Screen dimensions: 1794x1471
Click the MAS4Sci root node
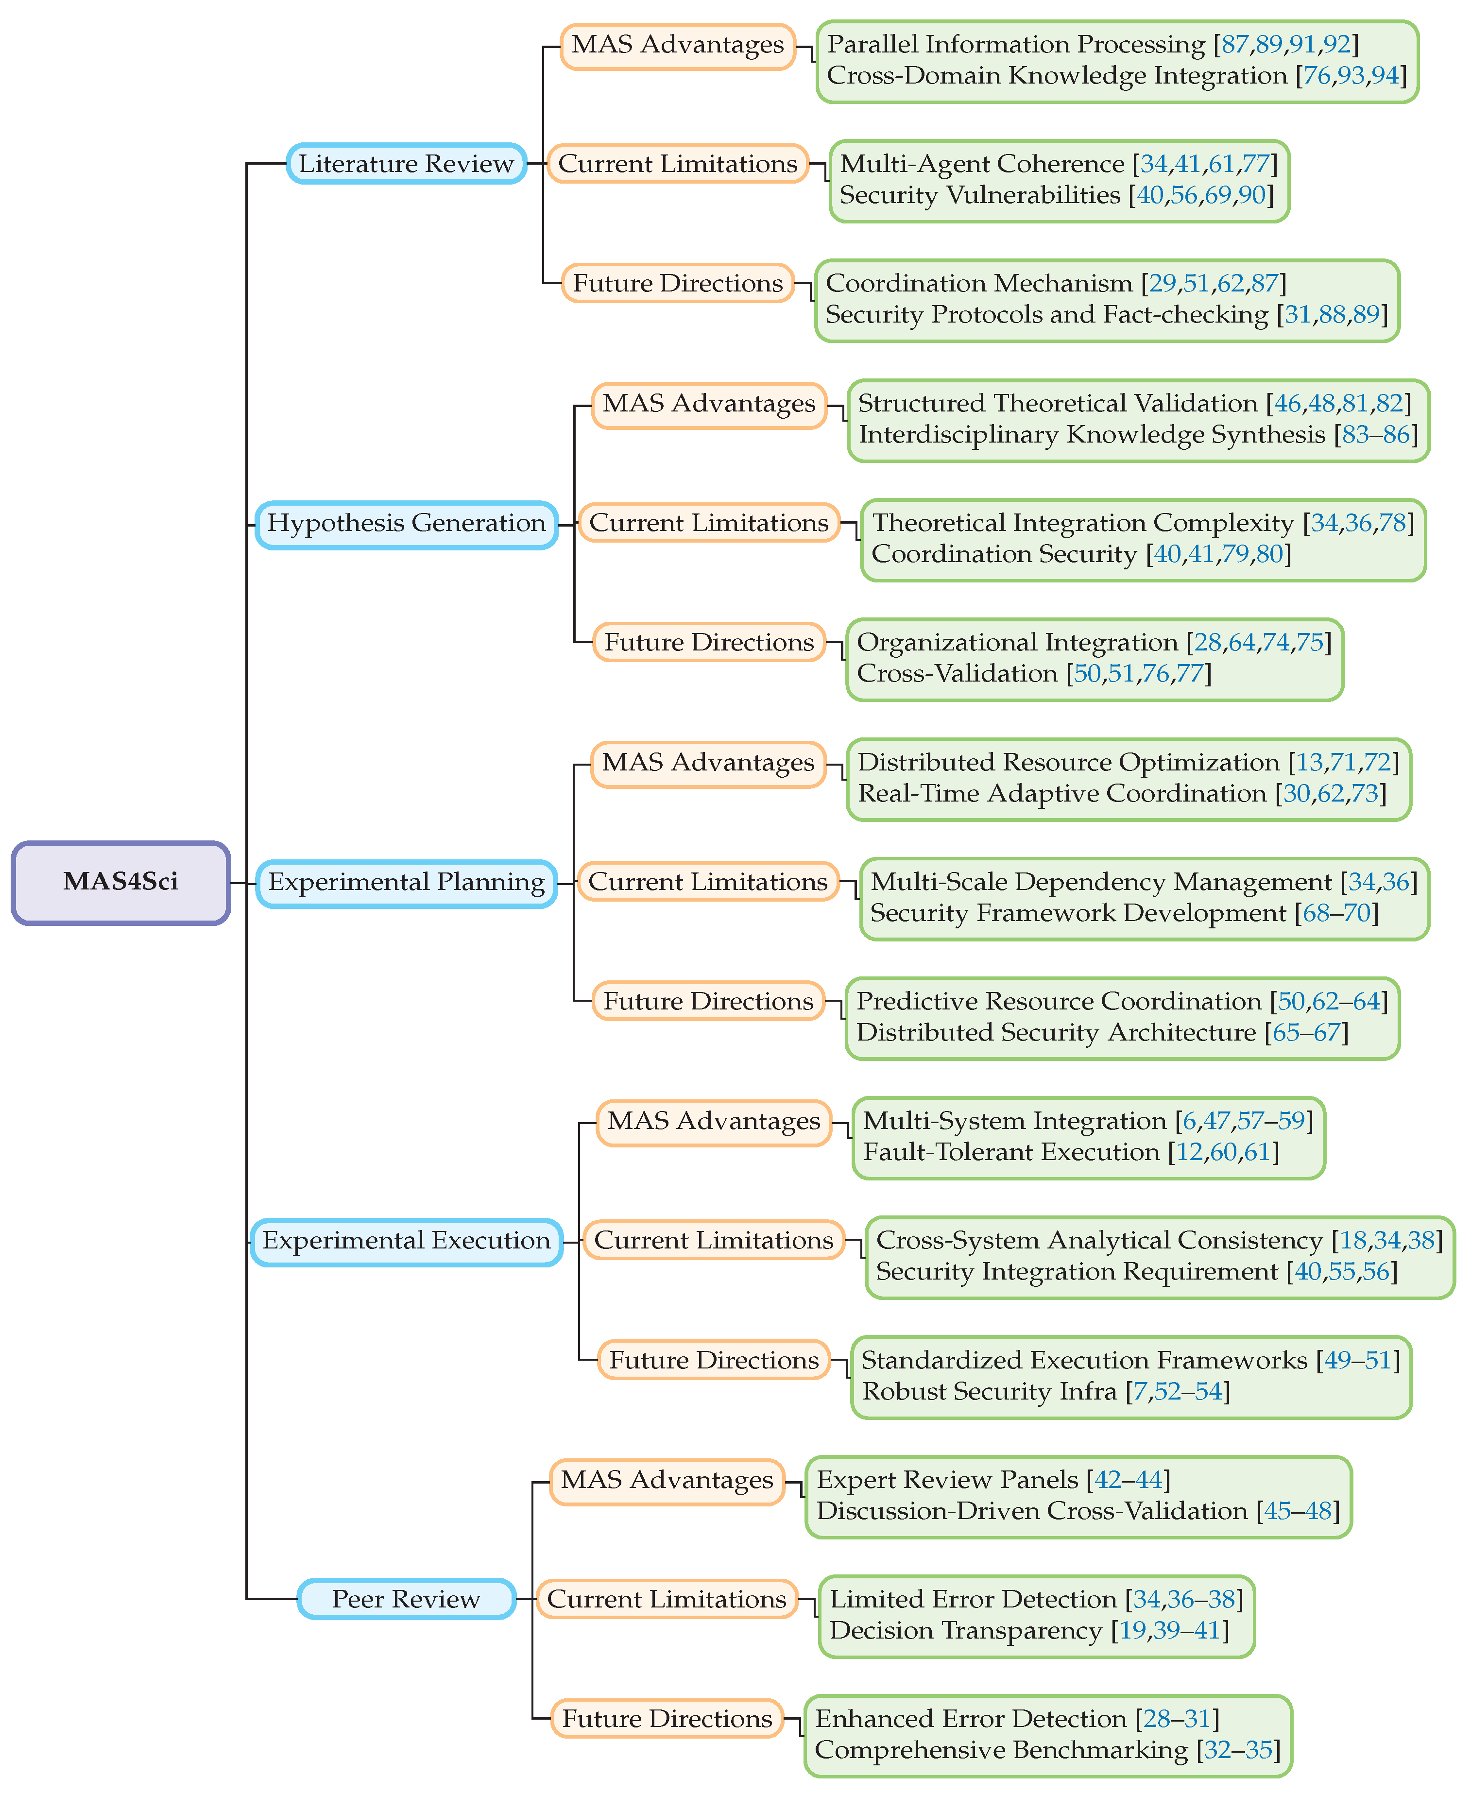coord(120,882)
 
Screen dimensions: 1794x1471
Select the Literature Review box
coord(406,164)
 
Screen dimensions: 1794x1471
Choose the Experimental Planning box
coord(406,882)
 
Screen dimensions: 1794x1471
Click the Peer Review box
coord(406,1599)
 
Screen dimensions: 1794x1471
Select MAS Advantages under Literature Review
coord(677,45)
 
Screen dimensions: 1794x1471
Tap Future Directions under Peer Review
coord(667,1719)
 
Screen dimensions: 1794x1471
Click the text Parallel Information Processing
coord(1015,44)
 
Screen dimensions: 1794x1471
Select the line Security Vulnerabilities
coord(979,195)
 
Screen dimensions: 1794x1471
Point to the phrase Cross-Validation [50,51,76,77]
coord(1034,674)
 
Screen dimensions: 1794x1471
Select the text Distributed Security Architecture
coord(1056,1032)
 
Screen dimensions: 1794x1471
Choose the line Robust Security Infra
coord(989,1391)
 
